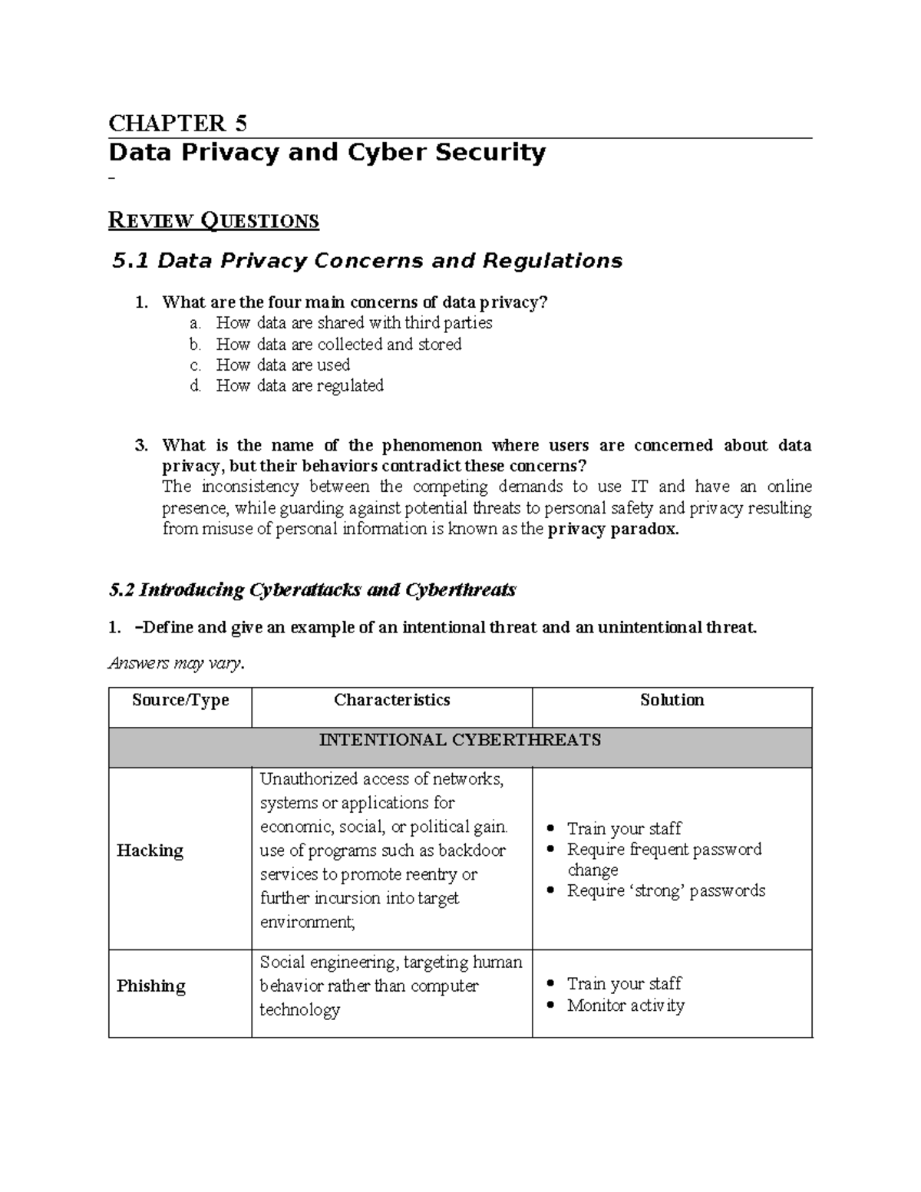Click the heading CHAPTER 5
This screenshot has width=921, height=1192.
click(177, 123)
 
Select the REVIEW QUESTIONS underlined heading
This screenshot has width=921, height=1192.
click(213, 221)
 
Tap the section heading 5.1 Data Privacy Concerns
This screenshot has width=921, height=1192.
click(367, 261)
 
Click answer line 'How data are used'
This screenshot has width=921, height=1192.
click(282, 365)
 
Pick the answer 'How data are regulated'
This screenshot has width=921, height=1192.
click(299, 385)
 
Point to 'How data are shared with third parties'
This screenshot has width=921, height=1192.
click(354, 323)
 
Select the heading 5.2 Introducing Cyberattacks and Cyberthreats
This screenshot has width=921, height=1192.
click(312, 589)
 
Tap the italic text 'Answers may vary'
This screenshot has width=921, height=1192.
click(176, 663)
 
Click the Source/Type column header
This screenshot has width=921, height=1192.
click(180, 700)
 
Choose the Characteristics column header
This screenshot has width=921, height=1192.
click(391, 700)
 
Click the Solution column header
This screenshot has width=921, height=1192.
click(672, 700)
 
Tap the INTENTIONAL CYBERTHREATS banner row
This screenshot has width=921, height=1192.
click(460, 741)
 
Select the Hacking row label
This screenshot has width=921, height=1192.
click(150, 850)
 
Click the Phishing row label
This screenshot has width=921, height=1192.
click(150, 986)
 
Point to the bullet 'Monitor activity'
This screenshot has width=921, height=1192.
click(626, 1005)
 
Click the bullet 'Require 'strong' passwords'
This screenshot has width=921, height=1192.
click(665, 890)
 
